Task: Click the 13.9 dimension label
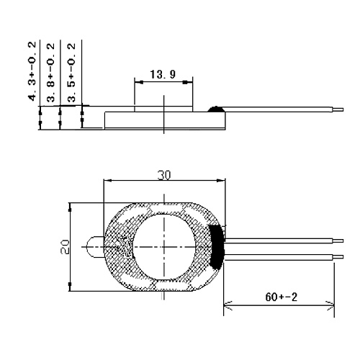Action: [163, 74]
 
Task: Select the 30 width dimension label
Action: [164, 175]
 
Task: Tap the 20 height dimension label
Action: [65, 247]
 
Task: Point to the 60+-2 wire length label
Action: [282, 297]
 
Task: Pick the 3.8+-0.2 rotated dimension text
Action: [50, 73]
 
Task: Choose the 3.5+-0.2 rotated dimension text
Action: [71, 73]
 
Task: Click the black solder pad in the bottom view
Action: [217, 247]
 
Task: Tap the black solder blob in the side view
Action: [216, 109]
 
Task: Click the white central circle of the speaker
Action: [164, 247]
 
